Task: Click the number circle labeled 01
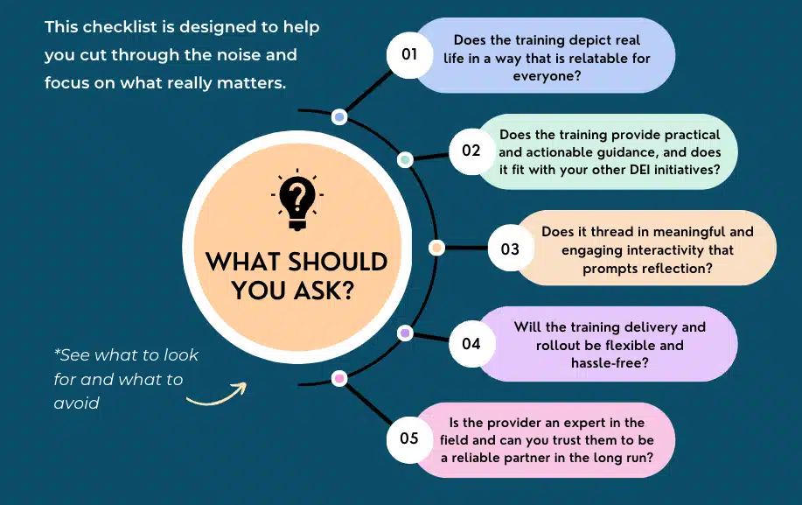pos(409,55)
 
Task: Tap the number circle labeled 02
pos(471,151)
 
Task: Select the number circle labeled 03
pos(511,249)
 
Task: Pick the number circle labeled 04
pos(471,343)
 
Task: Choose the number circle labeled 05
pos(409,439)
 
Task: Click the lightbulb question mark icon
pos(297,200)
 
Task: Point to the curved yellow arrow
pos(216,395)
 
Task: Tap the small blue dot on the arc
pos(339,117)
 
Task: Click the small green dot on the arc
pos(405,159)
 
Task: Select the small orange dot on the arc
pos(436,249)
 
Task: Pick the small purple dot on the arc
pos(405,333)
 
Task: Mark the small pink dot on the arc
pos(339,379)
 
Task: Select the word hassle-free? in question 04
pos(610,362)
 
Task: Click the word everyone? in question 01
pos(547,76)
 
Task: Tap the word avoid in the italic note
pos(76,403)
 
